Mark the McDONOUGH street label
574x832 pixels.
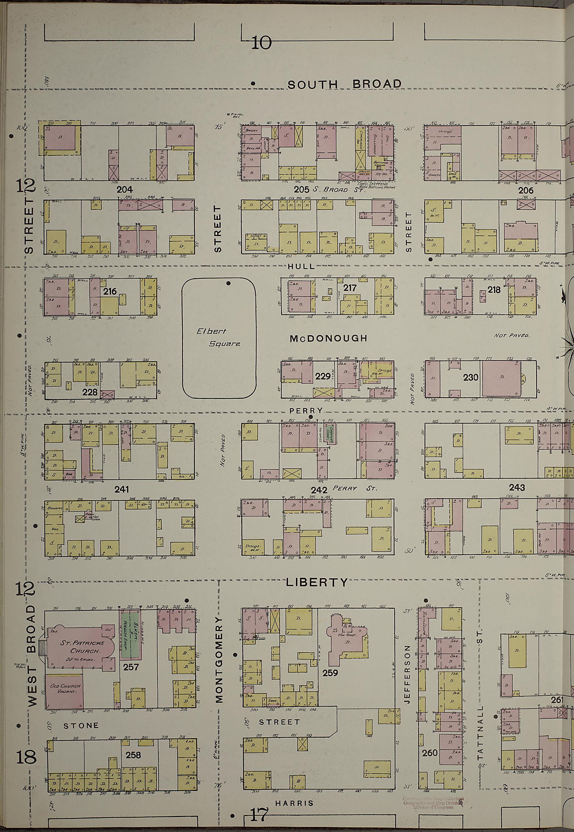(x=328, y=338)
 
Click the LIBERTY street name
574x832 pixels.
(x=317, y=582)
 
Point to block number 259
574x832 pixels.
(x=330, y=672)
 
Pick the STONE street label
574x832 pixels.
(x=81, y=726)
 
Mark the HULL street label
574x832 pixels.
(x=301, y=266)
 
